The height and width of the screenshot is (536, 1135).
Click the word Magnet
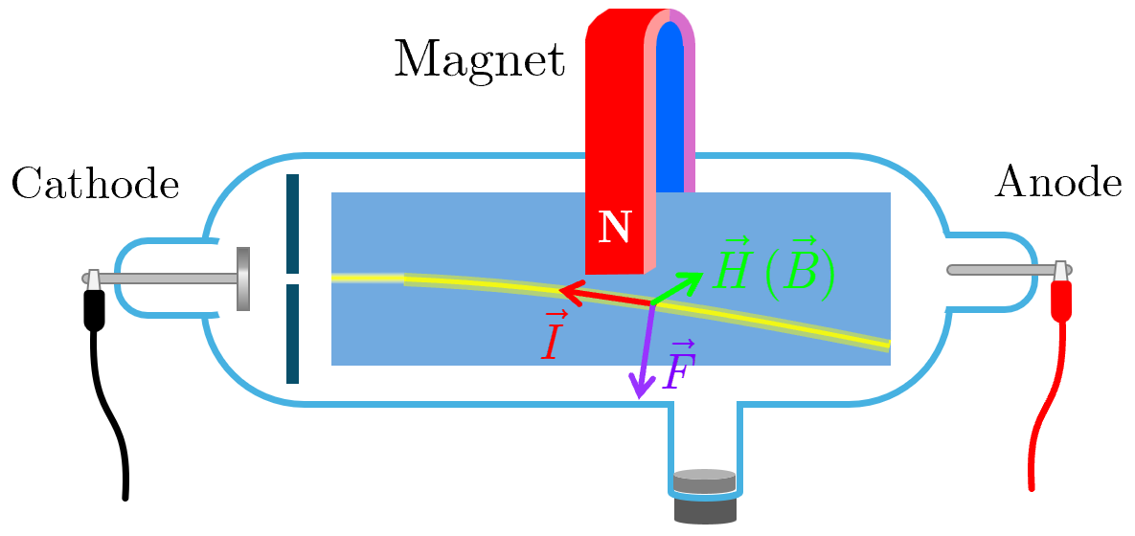point(479,59)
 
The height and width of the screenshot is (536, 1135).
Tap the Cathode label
point(95,184)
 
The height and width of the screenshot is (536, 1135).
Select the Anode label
point(1058,182)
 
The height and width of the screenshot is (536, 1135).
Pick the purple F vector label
point(679,368)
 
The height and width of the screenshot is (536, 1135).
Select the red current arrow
point(603,296)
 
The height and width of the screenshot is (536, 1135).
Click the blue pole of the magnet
point(670,105)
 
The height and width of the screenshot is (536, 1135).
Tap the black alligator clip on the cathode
point(94,307)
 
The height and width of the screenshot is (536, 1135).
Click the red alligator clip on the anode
point(1060,298)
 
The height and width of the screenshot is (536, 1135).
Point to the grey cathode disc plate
point(243,279)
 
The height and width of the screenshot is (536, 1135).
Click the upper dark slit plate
point(292,224)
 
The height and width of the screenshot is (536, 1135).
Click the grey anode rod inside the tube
point(996,270)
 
